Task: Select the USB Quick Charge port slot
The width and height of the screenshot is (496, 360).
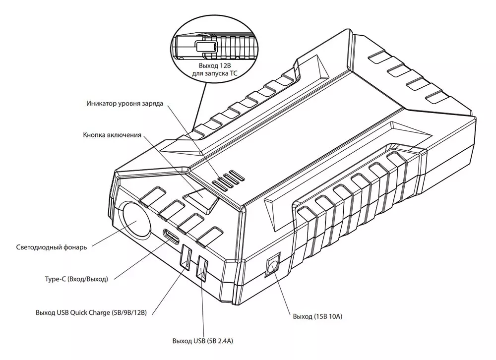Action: click(187, 258)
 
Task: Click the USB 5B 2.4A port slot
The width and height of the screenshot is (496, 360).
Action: click(203, 268)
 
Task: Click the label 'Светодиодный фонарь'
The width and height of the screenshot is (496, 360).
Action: click(52, 247)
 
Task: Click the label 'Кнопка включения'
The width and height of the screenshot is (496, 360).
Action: click(113, 135)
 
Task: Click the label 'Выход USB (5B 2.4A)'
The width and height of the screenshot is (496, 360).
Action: click(203, 341)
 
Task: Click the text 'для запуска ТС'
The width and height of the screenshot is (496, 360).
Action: click(214, 74)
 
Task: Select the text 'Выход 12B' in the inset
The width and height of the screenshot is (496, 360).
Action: click(214, 66)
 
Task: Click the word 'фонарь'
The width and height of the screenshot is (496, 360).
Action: click(74, 247)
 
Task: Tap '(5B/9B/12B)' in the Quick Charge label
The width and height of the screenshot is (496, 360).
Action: click(129, 313)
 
